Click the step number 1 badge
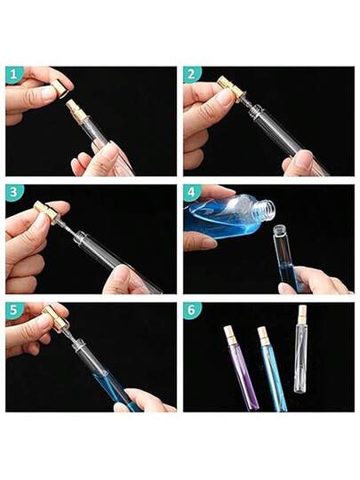12,75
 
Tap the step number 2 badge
191,75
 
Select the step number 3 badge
12,192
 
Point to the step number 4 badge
191,192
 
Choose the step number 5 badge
12,310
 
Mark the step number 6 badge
191,310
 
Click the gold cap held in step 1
60,88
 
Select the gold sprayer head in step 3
45,212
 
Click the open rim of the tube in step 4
278,228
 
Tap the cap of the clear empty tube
302,313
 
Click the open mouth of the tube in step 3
80,236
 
